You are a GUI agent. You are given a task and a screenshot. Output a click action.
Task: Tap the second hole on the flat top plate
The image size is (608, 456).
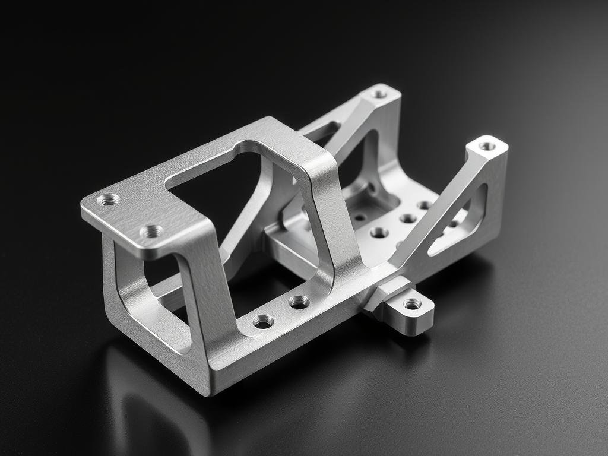click(x=151, y=231)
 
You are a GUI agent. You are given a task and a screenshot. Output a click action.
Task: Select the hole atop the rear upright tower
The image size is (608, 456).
click(x=379, y=93)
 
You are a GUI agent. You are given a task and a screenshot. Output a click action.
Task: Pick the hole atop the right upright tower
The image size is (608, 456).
click(x=487, y=145)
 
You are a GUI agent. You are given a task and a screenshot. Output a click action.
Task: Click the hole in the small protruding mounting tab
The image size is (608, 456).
click(x=412, y=303)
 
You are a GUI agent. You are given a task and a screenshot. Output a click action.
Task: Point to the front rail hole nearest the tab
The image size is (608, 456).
click(x=299, y=302)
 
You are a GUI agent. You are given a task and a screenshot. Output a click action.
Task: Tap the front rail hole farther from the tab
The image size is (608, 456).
click(x=263, y=321)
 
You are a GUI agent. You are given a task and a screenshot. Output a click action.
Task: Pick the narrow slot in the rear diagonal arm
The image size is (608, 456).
click(x=325, y=132)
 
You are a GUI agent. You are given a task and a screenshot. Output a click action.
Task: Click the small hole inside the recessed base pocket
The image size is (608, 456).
click(x=360, y=217)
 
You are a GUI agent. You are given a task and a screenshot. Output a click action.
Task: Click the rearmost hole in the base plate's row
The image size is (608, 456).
click(x=424, y=205)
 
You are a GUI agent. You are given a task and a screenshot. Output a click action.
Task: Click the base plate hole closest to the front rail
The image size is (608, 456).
click(x=379, y=232)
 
